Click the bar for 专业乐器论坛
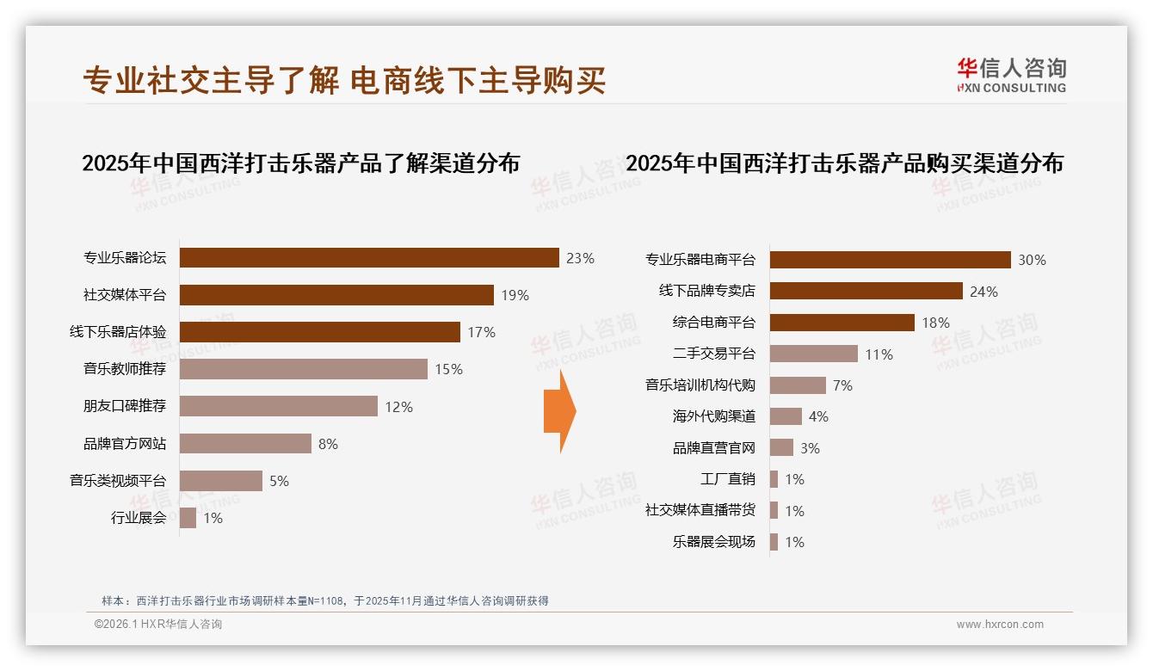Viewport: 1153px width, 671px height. (369, 258)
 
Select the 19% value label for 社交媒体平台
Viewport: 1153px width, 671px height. (515, 295)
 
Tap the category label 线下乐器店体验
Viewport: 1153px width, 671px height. (118, 332)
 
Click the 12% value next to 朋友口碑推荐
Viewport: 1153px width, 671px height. (398, 407)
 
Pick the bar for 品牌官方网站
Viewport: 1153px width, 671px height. (245, 444)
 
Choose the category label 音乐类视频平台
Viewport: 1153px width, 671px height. (118, 481)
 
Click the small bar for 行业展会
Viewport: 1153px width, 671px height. (188, 518)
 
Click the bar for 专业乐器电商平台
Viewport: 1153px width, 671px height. (890, 260)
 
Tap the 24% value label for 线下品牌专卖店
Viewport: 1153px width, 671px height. (983, 292)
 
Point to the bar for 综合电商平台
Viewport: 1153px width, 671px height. (842, 323)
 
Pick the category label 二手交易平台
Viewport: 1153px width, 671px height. (713, 354)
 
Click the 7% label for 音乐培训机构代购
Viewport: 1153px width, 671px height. (842, 385)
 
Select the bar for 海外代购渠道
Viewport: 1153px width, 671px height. (786, 416)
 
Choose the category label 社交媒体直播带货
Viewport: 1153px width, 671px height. (700, 510)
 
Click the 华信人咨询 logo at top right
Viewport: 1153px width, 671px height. (1011, 75)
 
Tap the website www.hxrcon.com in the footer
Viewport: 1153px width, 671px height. (1000, 625)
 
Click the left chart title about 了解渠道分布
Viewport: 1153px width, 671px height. (300, 163)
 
